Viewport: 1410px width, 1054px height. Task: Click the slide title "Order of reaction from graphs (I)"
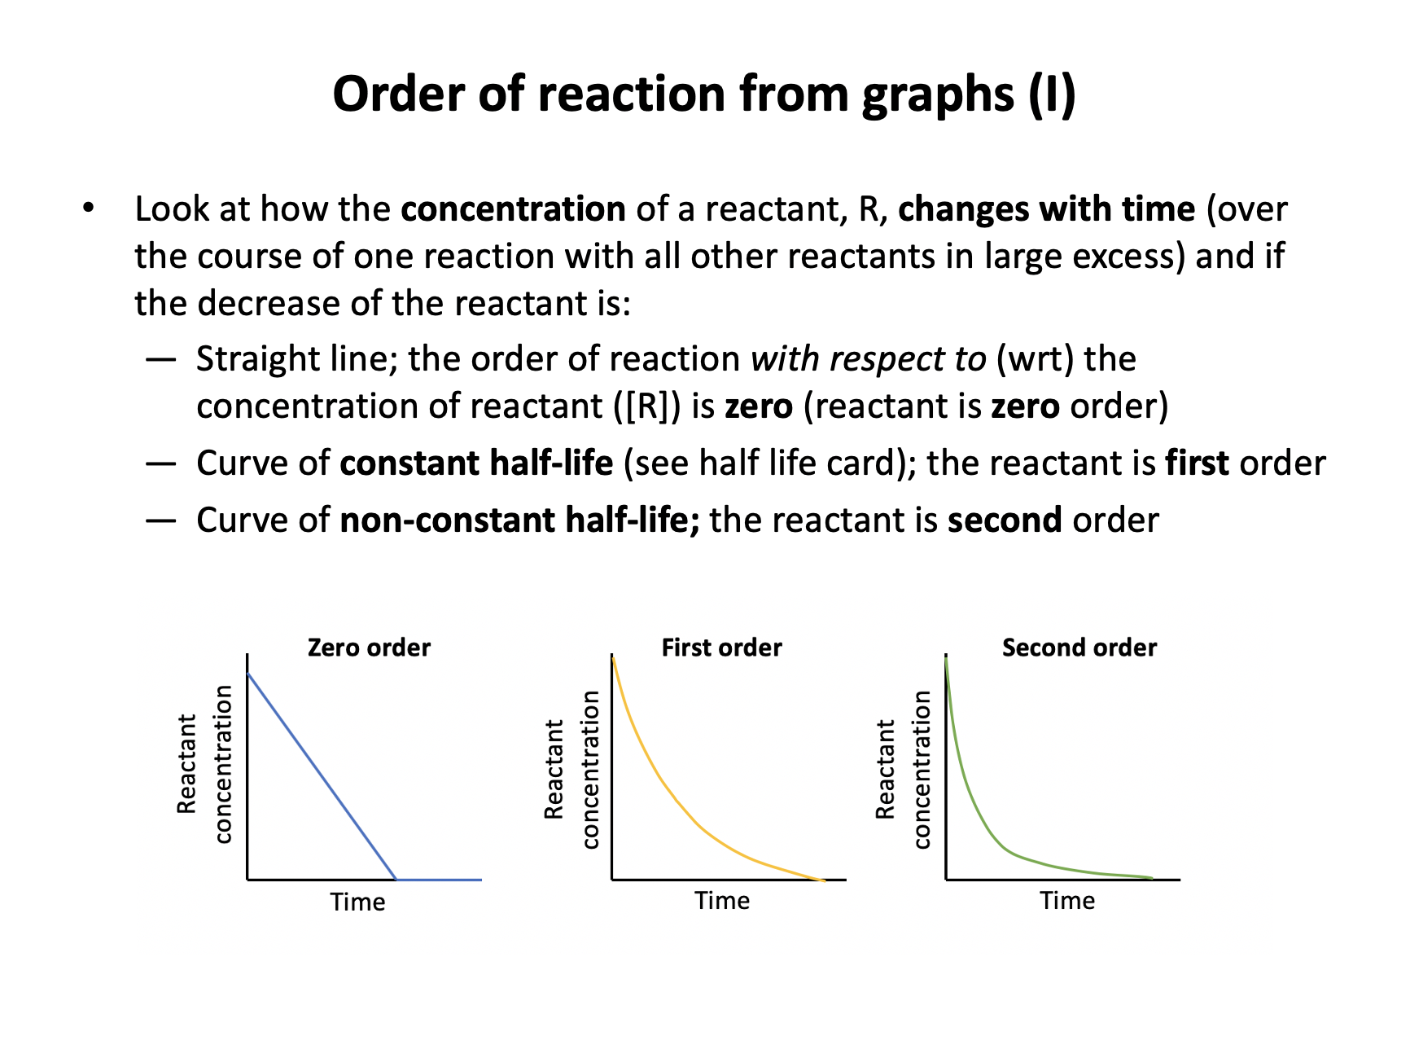[704, 94]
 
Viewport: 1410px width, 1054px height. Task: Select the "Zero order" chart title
[369, 648]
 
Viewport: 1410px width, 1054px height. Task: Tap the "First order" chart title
[721, 648]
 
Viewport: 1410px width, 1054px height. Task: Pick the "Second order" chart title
[1079, 648]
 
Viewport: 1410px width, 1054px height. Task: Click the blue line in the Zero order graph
[322, 776]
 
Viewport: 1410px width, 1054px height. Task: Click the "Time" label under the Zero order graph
[357, 902]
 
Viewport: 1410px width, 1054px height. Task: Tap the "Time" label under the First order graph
[722, 900]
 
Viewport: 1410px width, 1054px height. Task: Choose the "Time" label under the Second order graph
[1067, 900]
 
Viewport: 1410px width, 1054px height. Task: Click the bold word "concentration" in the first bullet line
[513, 209]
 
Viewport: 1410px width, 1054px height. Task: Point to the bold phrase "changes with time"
[1046, 209]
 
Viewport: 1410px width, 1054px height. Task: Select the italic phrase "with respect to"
[868, 359]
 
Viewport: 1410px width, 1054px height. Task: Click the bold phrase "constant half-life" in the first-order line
[476, 463]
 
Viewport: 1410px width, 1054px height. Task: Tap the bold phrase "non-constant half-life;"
[520, 520]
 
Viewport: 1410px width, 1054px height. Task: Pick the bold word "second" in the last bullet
[1005, 520]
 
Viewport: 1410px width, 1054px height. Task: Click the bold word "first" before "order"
[1197, 463]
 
